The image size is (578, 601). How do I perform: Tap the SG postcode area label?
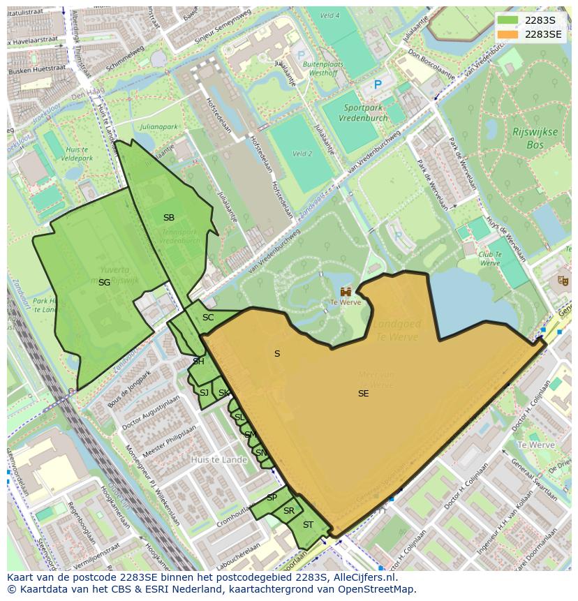click(104, 283)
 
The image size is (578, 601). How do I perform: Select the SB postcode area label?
click(169, 218)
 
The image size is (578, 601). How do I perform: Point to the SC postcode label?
click(208, 318)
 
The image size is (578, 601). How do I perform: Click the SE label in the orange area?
click(363, 394)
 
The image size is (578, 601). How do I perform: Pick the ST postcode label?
click(308, 525)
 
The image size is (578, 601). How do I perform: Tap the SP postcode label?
click(272, 498)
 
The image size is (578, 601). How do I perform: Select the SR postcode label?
click(288, 511)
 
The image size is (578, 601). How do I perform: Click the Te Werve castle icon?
click(346, 291)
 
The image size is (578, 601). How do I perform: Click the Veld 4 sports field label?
click(329, 15)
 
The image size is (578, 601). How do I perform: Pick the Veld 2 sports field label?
click(302, 154)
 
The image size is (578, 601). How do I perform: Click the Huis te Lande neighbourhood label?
click(219, 460)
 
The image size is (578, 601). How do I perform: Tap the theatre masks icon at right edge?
click(563, 281)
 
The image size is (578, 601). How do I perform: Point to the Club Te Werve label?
click(489, 259)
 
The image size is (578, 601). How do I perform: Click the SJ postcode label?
click(204, 393)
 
